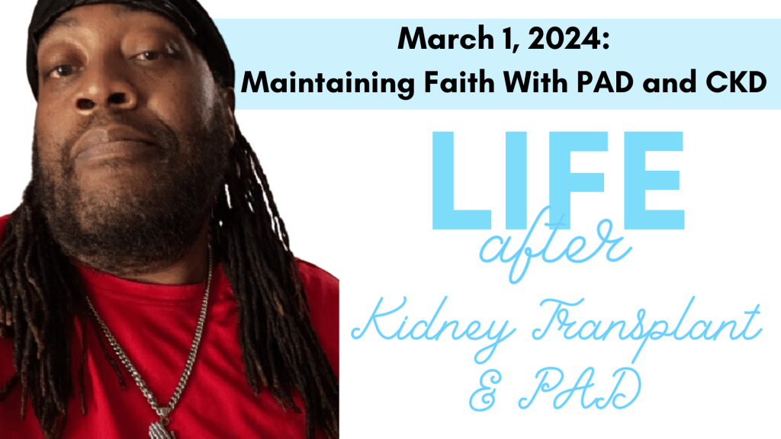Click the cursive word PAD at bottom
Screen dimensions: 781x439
[x=579, y=389]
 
